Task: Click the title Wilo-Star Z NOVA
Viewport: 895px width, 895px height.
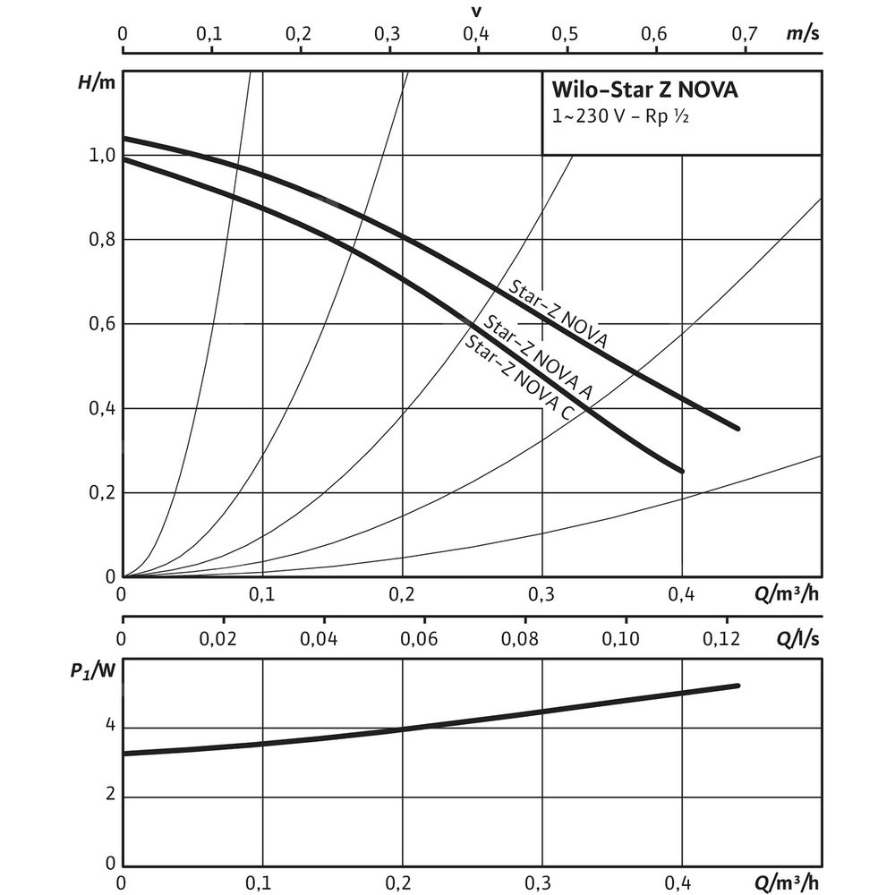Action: [644, 90]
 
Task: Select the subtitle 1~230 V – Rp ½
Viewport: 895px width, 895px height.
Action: [618, 117]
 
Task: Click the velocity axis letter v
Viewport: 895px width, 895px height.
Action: [477, 12]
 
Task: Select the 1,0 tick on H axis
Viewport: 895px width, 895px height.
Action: [104, 156]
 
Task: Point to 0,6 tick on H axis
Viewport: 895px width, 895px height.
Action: [104, 324]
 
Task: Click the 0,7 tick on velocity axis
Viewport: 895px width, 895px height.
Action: [744, 35]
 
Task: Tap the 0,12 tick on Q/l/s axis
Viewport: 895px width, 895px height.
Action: [721, 640]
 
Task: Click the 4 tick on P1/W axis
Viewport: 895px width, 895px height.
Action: [111, 726]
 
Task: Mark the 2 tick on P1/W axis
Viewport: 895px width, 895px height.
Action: [111, 797]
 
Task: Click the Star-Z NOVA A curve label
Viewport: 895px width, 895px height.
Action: [537, 358]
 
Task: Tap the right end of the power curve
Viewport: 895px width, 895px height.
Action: [738, 686]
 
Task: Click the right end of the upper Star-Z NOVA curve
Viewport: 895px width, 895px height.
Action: [738, 429]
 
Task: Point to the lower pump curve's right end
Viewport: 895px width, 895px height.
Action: [682, 471]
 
